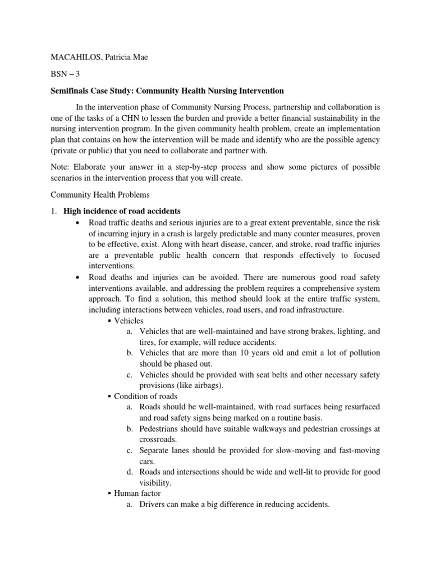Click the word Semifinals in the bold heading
72,90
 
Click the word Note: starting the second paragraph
61,168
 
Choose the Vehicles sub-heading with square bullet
129,321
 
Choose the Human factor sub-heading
137,494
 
